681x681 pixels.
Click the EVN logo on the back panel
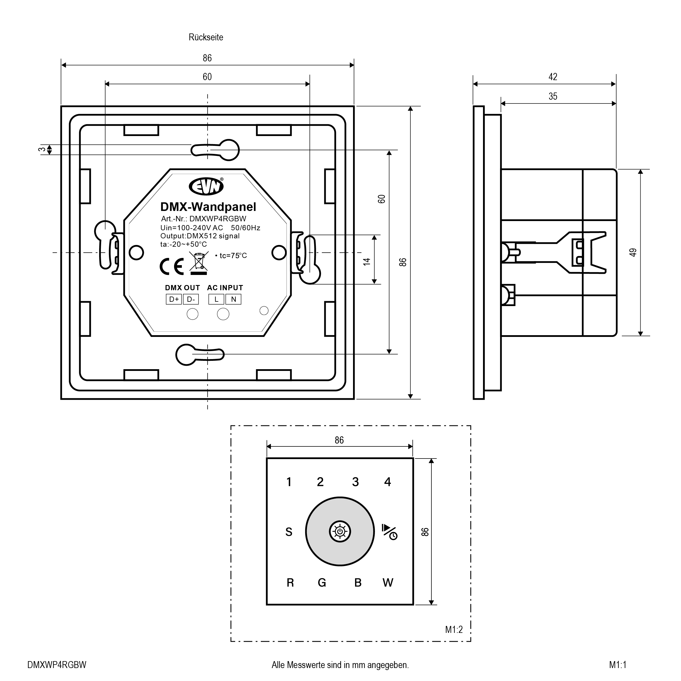click(x=206, y=186)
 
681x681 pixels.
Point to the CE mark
click(x=172, y=267)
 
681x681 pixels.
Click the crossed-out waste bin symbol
click(x=199, y=263)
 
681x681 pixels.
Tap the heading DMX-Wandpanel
click(x=208, y=207)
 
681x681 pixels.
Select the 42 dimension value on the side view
click(x=553, y=77)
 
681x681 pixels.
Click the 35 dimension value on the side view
click(x=553, y=97)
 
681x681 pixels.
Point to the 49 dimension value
click(x=633, y=252)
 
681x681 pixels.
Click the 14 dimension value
click(x=367, y=262)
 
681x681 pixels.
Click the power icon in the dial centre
click(x=340, y=531)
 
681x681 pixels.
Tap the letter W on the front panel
click(x=388, y=583)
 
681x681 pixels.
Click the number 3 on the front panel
click(x=355, y=482)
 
